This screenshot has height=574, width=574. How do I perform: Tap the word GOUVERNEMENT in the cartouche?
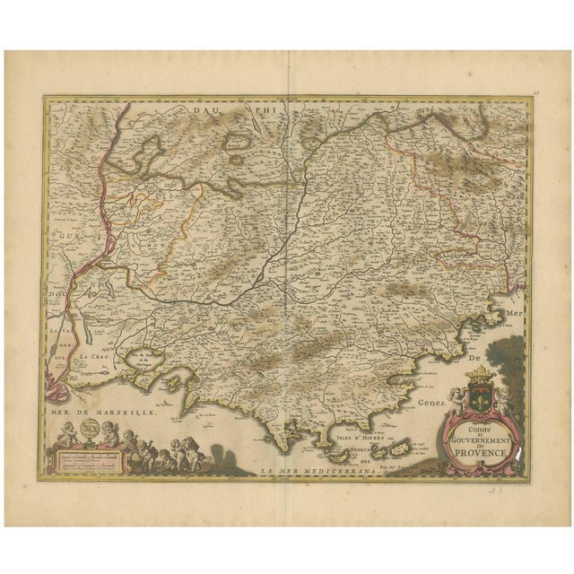click(478, 440)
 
